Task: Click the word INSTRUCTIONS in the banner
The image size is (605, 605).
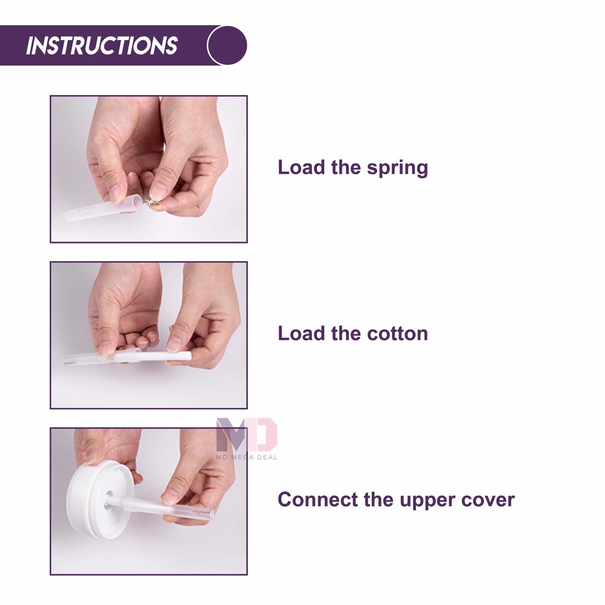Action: [x=102, y=45]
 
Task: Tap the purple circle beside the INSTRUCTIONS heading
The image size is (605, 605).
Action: [x=227, y=45]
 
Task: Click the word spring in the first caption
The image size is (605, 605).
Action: [x=397, y=168]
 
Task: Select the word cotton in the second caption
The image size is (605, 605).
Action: [x=397, y=333]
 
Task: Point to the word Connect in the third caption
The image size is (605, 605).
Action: [x=317, y=499]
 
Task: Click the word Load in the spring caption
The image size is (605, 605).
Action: [x=301, y=167]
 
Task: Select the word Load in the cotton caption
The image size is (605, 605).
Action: [x=301, y=333]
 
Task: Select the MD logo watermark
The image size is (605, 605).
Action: [x=246, y=434]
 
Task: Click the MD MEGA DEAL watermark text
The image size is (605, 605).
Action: [x=246, y=457]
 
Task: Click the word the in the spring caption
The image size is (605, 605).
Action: [x=345, y=167]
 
